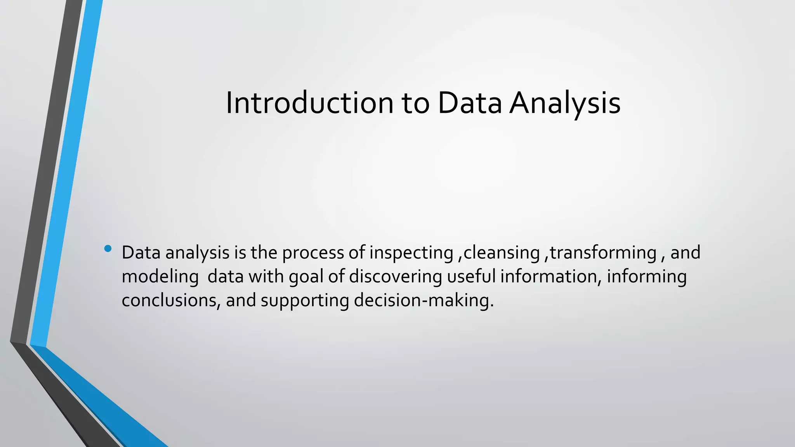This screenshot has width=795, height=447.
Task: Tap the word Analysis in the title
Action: (565, 103)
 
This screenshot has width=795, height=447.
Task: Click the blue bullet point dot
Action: (108, 248)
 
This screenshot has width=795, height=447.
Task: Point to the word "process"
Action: (313, 253)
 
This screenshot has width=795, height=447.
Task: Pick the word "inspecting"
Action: (411, 253)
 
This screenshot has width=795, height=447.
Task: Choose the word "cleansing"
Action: (502, 253)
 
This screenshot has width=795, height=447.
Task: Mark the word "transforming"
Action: (603, 253)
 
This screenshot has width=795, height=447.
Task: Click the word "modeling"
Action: (160, 277)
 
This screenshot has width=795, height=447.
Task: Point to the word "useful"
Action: (471, 276)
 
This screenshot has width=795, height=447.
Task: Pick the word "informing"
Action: (647, 277)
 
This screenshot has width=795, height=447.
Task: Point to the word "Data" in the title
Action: (470, 103)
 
